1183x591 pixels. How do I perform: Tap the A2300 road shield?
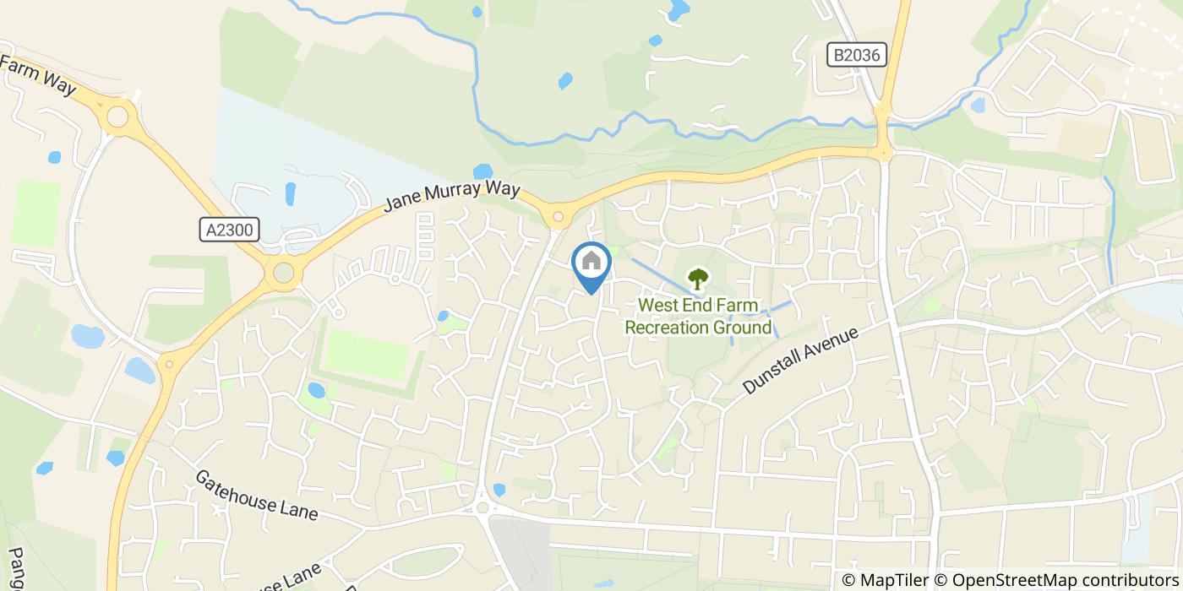[230, 230]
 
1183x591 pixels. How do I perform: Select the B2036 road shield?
[856, 56]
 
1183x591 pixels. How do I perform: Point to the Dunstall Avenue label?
[800, 360]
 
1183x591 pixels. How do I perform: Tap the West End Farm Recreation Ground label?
[698, 316]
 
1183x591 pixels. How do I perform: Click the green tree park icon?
[698, 279]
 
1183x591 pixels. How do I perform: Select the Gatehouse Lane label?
[256, 495]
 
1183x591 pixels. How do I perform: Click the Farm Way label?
[39, 77]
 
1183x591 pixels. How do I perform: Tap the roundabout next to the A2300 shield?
[283, 273]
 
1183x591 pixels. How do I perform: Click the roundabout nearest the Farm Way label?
[117, 115]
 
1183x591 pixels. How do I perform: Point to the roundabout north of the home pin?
[558, 218]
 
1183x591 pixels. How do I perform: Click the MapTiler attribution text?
[886, 580]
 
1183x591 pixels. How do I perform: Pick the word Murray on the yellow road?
[453, 196]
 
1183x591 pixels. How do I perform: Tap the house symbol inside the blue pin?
[591, 260]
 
